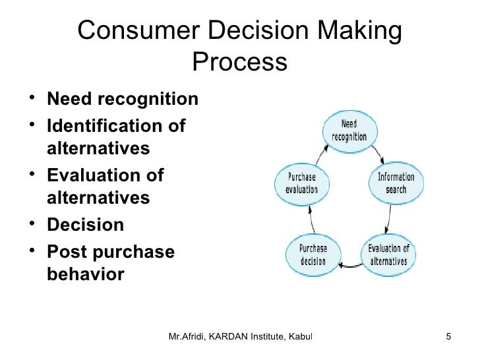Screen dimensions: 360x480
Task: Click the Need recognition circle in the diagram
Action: click(349, 130)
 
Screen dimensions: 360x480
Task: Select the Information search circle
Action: click(396, 183)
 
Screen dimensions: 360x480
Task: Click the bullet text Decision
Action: click(85, 225)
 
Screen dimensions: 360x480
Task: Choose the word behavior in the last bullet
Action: click(85, 274)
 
